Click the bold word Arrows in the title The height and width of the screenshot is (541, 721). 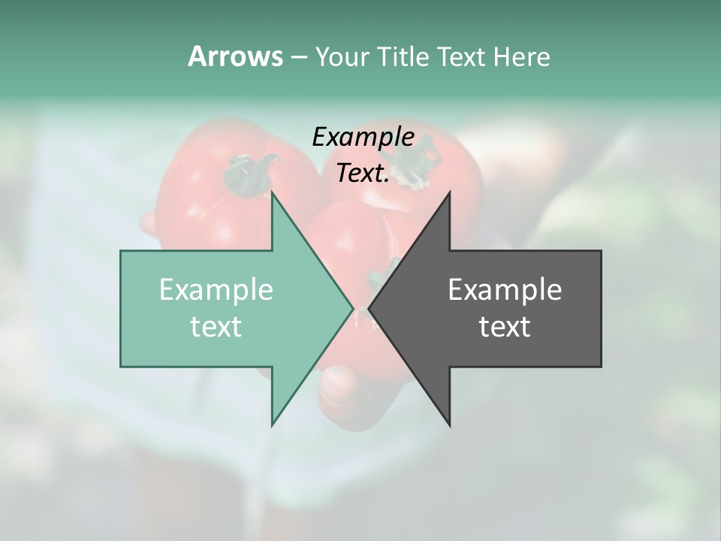pyautogui.click(x=235, y=56)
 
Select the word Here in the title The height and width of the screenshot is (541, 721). pyautogui.click(x=521, y=56)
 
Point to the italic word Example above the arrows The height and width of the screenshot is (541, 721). pyautogui.click(x=363, y=137)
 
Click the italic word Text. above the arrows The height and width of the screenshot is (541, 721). pyautogui.click(x=363, y=174)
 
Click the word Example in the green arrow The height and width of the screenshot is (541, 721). pyautogui.click(x=216, y=290)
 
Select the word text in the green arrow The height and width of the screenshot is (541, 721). pyautogui.click(x=216, y=327)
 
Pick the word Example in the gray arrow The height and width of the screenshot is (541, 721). pyautogui.click(x=505, y=290)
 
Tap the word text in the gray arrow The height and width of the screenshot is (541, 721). pyautogui.click(x=505, y=327)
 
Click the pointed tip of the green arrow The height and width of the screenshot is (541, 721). pyautogui.click(x=353, y=308)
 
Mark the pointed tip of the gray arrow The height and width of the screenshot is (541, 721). pyautogui.click(x=369, y=308)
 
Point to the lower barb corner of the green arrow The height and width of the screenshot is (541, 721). pyautogui.click(x=272, y=425)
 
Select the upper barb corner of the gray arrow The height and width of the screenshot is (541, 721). pyautogui.click(x=450, y=192)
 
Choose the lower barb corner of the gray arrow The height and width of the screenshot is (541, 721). pyautogui.click(x=450, y=425)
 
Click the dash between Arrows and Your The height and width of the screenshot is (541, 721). pyautogui.click(x=298, y=57)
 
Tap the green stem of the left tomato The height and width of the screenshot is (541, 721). pyautogui.click(x=248, y=174)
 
